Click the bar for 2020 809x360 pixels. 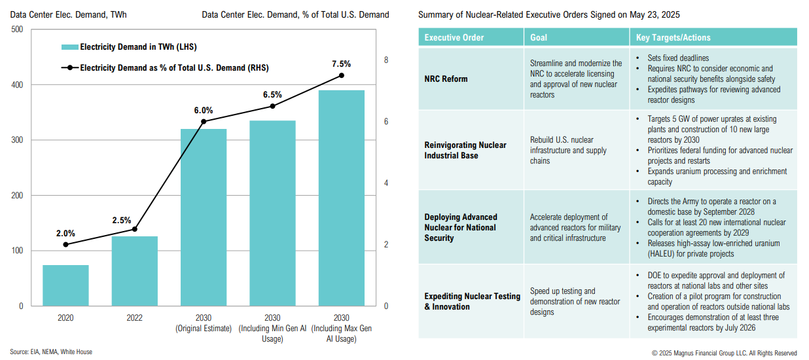coord(65,285)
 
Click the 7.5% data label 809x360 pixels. coord(341,64)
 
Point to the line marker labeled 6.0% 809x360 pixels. coord(204,122)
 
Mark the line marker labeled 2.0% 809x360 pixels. coord(65,244)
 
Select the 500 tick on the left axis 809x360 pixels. coord(18,29)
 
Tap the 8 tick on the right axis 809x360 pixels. coord(386,60)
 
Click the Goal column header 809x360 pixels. coord(539,37)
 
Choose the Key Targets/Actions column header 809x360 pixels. coord(673,37)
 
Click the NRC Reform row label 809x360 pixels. coord(446,79)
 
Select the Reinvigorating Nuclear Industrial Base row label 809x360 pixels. coord(465,150)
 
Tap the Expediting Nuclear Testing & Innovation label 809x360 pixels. coord(472,301)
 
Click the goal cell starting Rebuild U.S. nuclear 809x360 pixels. coord(562,150)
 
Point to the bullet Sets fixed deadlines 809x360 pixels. coord(678,58)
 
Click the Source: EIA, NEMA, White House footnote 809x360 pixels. coord(51,352)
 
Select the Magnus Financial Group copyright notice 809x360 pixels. coord(724,353)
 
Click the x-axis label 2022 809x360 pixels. coord(135,317)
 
